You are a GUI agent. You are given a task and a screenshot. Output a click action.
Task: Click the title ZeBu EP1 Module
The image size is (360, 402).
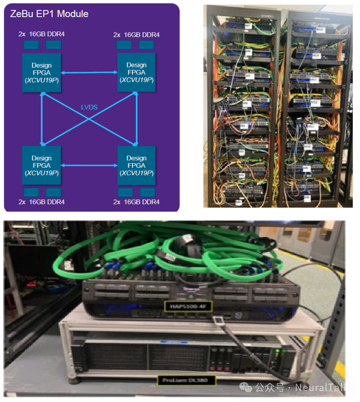click(x=49, y=14)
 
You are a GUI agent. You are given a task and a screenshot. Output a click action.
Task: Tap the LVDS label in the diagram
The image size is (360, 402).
click(x=89, y=107)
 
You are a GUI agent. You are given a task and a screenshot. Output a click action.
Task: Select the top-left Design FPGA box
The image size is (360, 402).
click(x=41, y=72)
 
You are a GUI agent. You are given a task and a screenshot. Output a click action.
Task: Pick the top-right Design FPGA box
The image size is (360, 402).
click(x=136, y=72)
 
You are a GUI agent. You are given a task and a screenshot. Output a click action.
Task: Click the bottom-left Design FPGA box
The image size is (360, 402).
click(x=41, y=165)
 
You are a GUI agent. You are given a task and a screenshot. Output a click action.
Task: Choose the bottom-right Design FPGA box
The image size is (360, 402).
click(x=136, y=165)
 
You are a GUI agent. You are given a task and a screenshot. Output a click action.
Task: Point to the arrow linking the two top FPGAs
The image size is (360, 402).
click(x=89, y=73)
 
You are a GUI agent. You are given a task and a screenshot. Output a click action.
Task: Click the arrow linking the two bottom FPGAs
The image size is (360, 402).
click(x=89, y=165)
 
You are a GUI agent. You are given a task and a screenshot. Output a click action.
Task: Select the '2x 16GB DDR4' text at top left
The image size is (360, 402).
click(x=42, y=34)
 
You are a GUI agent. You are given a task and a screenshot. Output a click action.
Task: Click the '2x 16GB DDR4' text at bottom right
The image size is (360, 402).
click(x=136, y=202)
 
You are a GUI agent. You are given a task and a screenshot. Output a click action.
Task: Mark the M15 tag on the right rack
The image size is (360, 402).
click(x=321, y=29)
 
